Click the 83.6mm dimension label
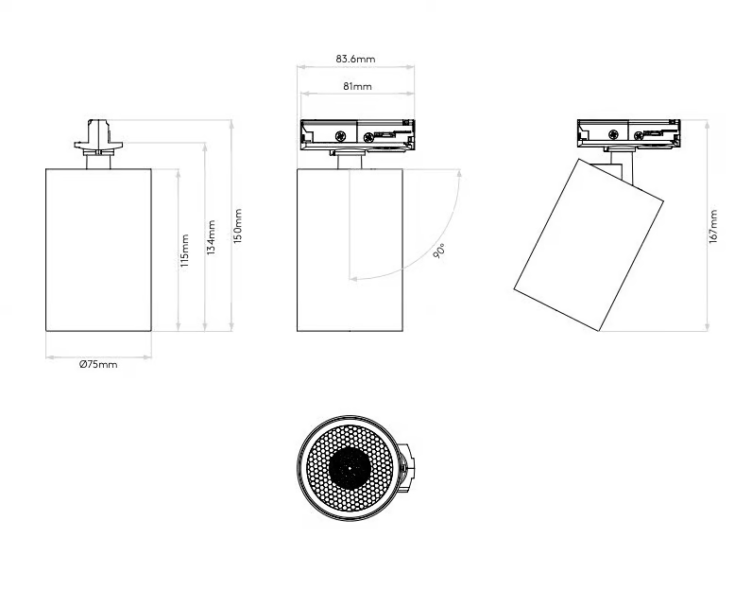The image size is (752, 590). coord(355,59)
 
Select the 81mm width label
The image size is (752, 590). coord(357,86)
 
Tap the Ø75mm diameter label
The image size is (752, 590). coord(98,364)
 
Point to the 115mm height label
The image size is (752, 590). coord(185,251)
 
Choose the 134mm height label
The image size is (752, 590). coord(211,237)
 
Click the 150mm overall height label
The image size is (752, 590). coord(238,226)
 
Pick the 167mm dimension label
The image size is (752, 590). coord(713,227)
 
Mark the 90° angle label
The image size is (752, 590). coord(439,251)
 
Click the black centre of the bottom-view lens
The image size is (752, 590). coord(350,468)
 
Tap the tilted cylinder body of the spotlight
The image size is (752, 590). coord(589,245)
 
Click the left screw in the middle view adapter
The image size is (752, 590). coord(341,136)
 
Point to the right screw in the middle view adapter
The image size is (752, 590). coord(368,138)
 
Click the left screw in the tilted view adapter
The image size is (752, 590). coord(613,135)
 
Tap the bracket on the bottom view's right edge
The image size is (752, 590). coord(406,469)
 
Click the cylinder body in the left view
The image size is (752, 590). coord(99,250)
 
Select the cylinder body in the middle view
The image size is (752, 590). coord(350,250)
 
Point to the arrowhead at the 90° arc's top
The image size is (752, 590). coord(459,173)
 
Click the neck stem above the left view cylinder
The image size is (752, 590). coord(98,162)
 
